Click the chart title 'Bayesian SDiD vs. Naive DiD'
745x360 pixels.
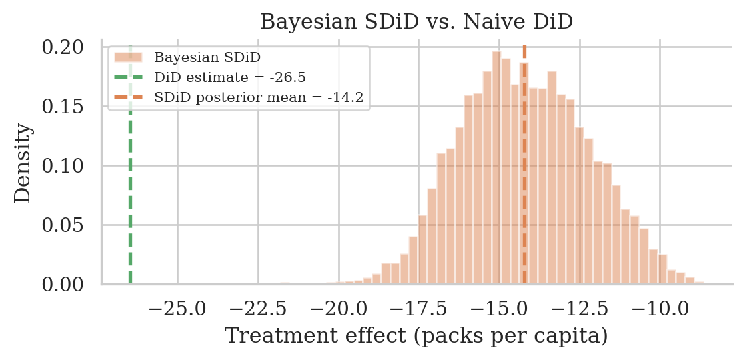416,22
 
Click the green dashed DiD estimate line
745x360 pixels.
130,200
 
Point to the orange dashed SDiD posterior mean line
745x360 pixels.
524,200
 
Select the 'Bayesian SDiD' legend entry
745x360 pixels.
207,55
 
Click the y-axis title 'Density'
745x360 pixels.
23,164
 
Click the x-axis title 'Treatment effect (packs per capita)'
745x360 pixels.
416,336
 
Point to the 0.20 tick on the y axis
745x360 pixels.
63,47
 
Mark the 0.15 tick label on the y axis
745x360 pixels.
63,107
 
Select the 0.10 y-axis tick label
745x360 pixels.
63,166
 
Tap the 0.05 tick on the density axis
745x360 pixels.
63,225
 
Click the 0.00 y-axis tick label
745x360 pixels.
63,285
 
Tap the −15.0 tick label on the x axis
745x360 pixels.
498,309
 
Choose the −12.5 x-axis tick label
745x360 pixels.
579,309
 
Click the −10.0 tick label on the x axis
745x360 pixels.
660,309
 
